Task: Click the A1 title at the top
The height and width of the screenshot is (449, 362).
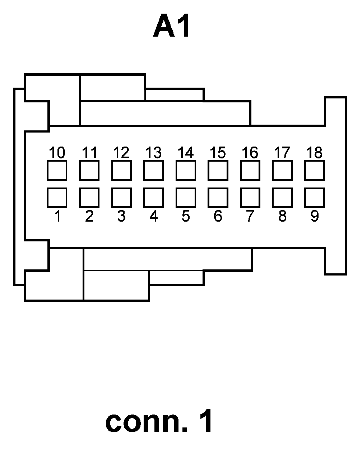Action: pos(172,27)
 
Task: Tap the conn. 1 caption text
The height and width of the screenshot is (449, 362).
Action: pos(159,422)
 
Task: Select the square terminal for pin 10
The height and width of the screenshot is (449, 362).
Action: pos(57,170)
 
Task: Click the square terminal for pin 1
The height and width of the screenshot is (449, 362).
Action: pos(57,198)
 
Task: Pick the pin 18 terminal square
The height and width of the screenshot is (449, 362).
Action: pos(314,170)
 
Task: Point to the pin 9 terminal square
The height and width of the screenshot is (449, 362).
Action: pos(314,198)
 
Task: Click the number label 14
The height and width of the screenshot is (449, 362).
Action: pos(185,153)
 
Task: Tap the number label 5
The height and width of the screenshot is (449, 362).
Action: pos(185,216)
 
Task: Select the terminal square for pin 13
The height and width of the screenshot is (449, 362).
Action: pos(153,170)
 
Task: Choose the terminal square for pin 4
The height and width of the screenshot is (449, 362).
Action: pos(153,198)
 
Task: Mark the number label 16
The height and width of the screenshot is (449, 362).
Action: pos(250,153)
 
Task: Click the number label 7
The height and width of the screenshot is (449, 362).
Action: pos(250,216)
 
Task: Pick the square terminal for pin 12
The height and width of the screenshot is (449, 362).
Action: pos(121,170)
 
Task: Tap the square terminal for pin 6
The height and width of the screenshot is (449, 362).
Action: pos(218,198)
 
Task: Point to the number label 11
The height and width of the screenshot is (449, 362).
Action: pos(89,153)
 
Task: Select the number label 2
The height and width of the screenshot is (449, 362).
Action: pos(89,216)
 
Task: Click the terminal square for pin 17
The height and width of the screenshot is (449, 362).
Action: pos(282,170)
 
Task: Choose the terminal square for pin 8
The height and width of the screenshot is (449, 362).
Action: pos(282,198)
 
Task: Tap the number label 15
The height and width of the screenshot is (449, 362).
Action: pos(218,153)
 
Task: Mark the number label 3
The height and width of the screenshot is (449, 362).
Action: pos(121,216)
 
